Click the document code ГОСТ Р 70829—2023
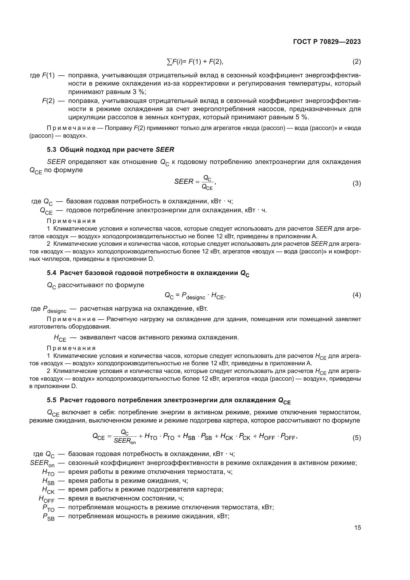(327, 42)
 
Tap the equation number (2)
(356, 62)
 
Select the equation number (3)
(356, 183)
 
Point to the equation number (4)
(356, 295)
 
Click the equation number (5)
(356, 438)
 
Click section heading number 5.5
(52, 400)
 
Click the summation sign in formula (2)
(169, 62)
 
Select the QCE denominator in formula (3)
(207, 187)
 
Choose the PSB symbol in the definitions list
(49, 517)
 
